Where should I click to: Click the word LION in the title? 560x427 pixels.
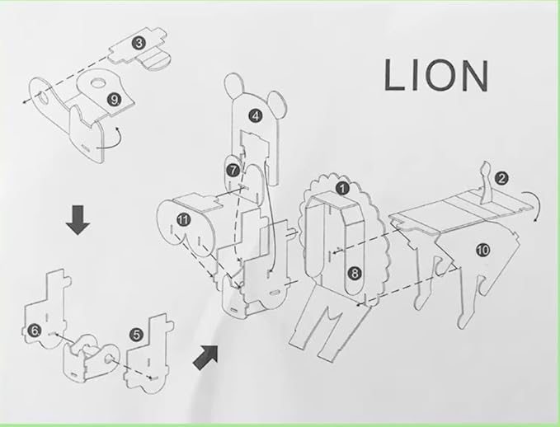pyautogui.click(x=436, y=75)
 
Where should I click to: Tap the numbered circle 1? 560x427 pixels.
pyautogui.click(x=342, y=188)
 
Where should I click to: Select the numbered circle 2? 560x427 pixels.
pyautogui.click(x=501, y=178)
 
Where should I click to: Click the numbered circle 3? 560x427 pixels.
pyautogui.click(x=139, y=43)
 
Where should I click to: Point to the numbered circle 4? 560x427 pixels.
pyautogui.click(x=256, y=116)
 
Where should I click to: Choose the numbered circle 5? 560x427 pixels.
pyautogui.click(x=136, y=335)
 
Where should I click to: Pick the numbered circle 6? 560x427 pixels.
pyautogui.click(x=35, y=331)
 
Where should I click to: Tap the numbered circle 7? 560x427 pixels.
pyautogui.click(x=233, y=170)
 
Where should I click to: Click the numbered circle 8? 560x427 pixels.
pyautogui.click(x=355, y=273)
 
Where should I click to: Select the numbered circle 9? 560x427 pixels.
pyautogui.click(x=115, y=100)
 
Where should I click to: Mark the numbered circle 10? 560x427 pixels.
pyautogui.click(x=482, y=250)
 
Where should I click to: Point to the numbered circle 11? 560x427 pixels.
pyautogui.click(x=183, y=219)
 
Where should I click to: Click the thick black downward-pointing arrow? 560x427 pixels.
pyautogui.click(x=78, y=220)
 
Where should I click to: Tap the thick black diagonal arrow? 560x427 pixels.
pyautogui.click(x=205, y=358)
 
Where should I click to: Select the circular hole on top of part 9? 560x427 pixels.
pyautogui.click(x=97, y=83)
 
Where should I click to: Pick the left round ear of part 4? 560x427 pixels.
pyautogui.click(x=233, y=86)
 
